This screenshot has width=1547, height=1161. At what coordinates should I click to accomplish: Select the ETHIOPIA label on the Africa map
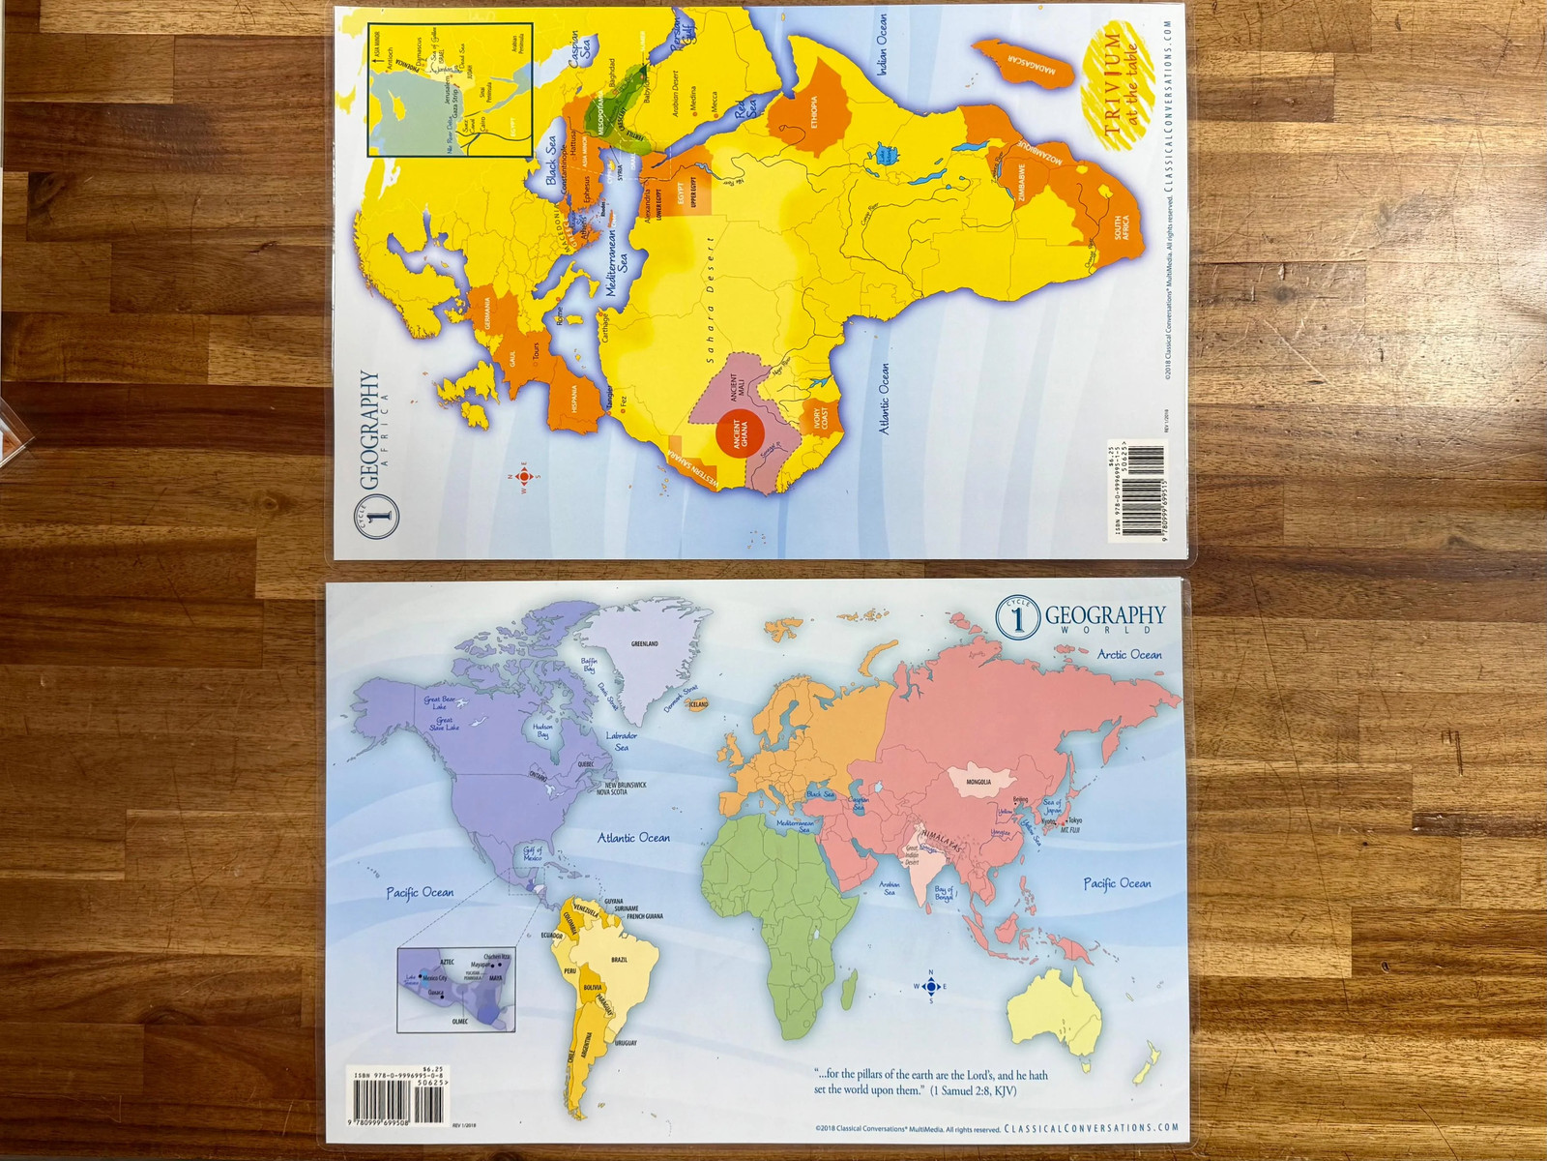pos(814,112)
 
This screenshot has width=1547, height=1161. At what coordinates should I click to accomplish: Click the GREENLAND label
pos(644,643)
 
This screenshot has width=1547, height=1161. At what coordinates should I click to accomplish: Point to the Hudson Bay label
pos(542,729)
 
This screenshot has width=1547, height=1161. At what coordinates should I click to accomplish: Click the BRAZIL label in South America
pos(619,959)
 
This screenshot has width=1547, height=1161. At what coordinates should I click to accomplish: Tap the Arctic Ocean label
pos(1129,655)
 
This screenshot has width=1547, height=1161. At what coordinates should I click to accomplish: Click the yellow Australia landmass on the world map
pos(1057,1006)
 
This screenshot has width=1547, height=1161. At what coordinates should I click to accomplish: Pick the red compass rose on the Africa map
pos(524,476)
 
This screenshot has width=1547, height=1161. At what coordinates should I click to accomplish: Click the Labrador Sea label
pos(622,741)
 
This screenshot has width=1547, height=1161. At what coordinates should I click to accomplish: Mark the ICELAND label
pos(698,704)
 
